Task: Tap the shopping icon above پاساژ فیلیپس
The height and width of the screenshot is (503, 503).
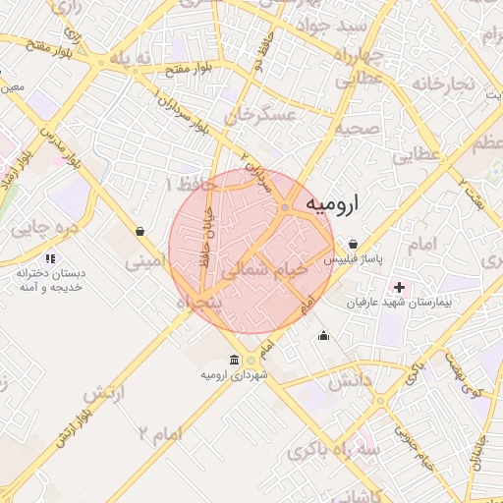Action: (353, 245)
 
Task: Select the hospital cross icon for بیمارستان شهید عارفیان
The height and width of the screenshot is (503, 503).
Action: (399, 287)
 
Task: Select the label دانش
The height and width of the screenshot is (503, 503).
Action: (350, 380)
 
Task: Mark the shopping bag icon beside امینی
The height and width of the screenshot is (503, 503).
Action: (141, 232)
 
